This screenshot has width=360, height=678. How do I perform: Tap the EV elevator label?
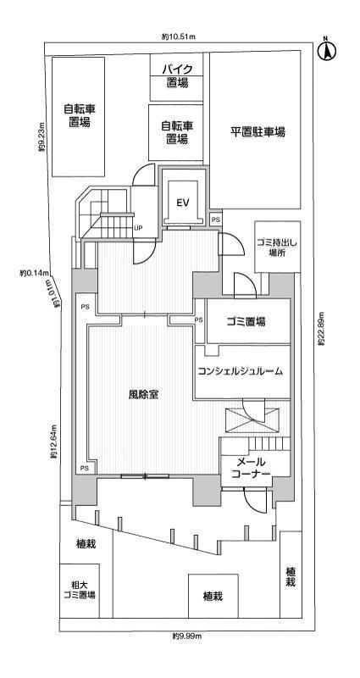(181, 203)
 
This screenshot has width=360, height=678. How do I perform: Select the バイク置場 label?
(177, 76)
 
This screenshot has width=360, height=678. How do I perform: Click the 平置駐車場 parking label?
(258, 132)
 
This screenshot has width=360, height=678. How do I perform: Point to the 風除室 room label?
(144, 394)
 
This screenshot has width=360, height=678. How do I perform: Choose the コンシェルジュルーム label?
(240, 371)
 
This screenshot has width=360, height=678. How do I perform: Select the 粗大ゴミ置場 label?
(78, 589)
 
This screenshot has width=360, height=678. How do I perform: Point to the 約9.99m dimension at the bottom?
(185, 635)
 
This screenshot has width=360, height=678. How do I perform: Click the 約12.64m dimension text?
(53, 442)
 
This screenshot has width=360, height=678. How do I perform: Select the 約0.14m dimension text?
(36, 273)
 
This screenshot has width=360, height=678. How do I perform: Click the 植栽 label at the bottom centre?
(213, 597)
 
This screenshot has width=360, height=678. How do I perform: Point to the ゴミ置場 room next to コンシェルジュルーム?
(246, 322)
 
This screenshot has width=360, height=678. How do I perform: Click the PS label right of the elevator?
(216, 220)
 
